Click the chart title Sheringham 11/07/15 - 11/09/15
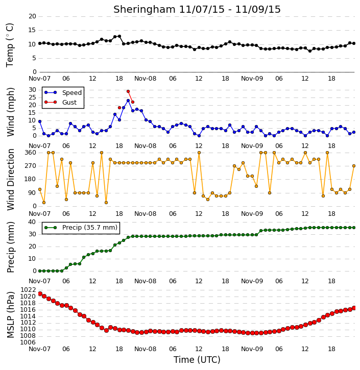(197, 9)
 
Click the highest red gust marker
(128, 91)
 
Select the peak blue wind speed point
(128, 101)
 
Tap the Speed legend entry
(63, 92)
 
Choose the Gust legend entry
(61, 102)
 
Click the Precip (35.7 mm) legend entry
(81, 228)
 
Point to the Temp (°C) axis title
(10, 45)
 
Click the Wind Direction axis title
(11, 180)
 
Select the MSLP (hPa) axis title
(11, 315)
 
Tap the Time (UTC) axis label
(197, 360)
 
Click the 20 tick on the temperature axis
(32, 16)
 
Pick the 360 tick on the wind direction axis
(31, 153)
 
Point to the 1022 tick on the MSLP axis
(28, 290)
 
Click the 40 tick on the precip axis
(32, 222)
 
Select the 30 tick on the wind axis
(32, 90)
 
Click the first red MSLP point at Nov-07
(40, 293)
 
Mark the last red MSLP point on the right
(354, 308)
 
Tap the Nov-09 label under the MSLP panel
(252, 349)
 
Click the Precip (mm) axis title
(11, 247)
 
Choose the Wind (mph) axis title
(11, 112)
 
